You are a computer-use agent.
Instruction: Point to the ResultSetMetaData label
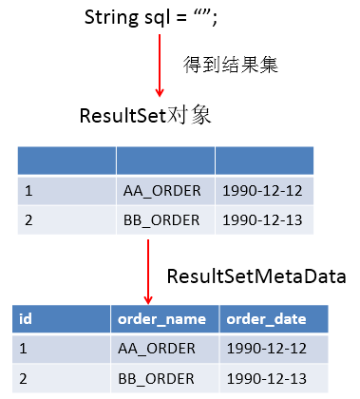point(256,276)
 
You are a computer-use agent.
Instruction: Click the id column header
point(26,318)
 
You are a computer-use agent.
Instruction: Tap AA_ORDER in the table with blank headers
point(161,191)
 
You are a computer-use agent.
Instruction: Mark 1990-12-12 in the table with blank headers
point(260,191)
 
